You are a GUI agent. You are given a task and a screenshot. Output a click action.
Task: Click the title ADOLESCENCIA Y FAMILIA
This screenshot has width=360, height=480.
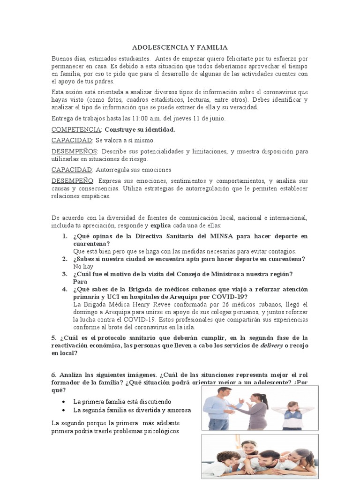tap(180, 47)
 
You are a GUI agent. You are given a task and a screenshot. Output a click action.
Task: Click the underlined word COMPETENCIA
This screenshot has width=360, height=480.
tap(76, 129)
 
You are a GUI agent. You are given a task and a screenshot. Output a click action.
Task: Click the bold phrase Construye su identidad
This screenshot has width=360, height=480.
tap(140, 129)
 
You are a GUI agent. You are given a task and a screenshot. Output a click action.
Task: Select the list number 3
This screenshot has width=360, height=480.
tap(65, 274)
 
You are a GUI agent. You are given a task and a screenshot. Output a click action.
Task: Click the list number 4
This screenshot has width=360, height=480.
tap(65, 289)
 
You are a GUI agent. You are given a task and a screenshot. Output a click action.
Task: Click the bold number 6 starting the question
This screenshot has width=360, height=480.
tap(53, 376)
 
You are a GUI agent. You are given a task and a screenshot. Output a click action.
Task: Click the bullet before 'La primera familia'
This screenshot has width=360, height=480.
tap(63, 402)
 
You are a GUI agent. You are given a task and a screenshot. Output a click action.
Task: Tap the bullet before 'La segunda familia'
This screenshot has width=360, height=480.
tap(63, 410)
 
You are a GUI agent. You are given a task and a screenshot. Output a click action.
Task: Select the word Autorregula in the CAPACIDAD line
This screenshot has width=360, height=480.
tap(113, 169)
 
